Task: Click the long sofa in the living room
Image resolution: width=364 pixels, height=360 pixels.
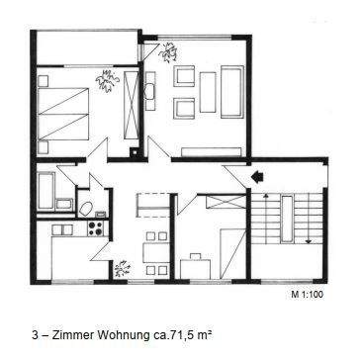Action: (x=231, y=90)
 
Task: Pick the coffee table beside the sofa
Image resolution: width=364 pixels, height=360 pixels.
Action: (x=207, y=90)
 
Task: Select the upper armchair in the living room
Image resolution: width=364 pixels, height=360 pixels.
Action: (x=185, y=75)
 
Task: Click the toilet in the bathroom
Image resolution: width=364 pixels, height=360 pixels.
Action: (x=85, y=208)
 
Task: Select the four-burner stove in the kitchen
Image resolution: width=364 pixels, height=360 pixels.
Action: (x=97, y=228)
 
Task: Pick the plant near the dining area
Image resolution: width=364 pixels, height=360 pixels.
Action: (x=122, y=267)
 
